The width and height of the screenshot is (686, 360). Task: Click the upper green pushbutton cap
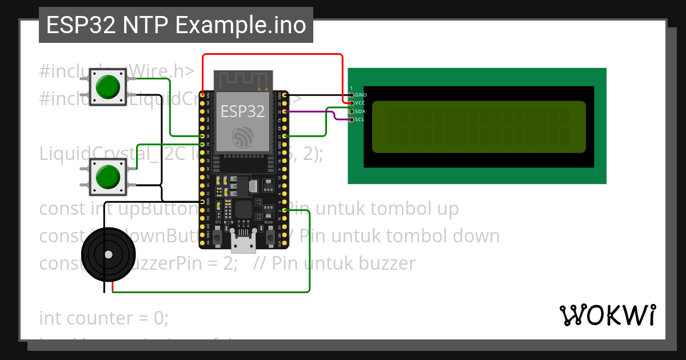click(108, 86)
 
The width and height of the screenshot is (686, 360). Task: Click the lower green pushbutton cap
click(108, 177)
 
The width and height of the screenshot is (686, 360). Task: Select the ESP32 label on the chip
click(243, 111)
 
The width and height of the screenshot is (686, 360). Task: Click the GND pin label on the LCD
click(361, 95)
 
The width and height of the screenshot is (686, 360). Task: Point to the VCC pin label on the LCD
click(361, 103)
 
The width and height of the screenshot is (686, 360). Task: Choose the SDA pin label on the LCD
click(361, 111)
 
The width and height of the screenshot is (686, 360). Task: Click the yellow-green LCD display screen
click(479, 127)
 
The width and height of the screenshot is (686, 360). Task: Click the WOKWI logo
click(608, 315)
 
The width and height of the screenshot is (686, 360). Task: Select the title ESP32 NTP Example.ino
click(176, 25)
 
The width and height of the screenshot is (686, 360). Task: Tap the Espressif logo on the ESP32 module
click(243, 138)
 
